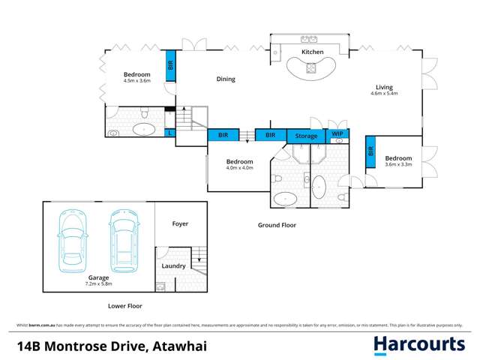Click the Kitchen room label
[312, 52]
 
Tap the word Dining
[226, 79]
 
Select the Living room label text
[384, 87]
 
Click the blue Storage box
[306, 136]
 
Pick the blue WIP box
[337, 133]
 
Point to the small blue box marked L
[170, 133]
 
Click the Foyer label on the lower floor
[180, 223]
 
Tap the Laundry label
[173, 265]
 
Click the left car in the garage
[72, 240]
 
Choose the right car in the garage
[124, 240]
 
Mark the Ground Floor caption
[277, 225]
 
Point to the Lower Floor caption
[124, 306]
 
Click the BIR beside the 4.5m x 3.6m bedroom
[170, 65]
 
